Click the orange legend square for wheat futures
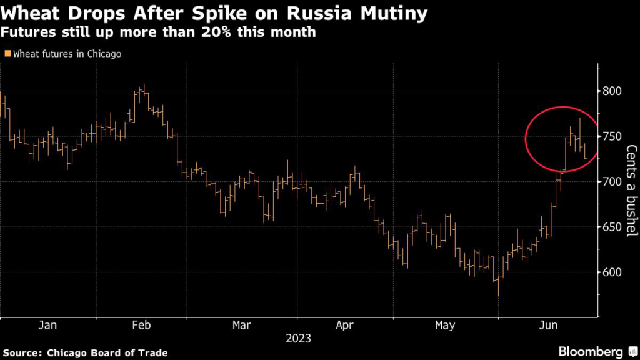(x=7, y=54)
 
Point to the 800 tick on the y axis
(x=613, y=91)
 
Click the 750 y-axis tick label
(x=613, y=136)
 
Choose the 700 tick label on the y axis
(x=613, y=182)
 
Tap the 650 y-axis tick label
(x=613, y=227)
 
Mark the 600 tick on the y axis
(x=613, y=272)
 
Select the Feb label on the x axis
(x=141, y=325)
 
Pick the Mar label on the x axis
(x=241, y=325)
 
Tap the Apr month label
(x=344, y=325)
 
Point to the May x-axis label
(x=445, y=325)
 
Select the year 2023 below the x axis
(x=298, y=339)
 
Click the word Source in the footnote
(x=22, y=353)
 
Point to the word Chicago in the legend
(x=102, y=54)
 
